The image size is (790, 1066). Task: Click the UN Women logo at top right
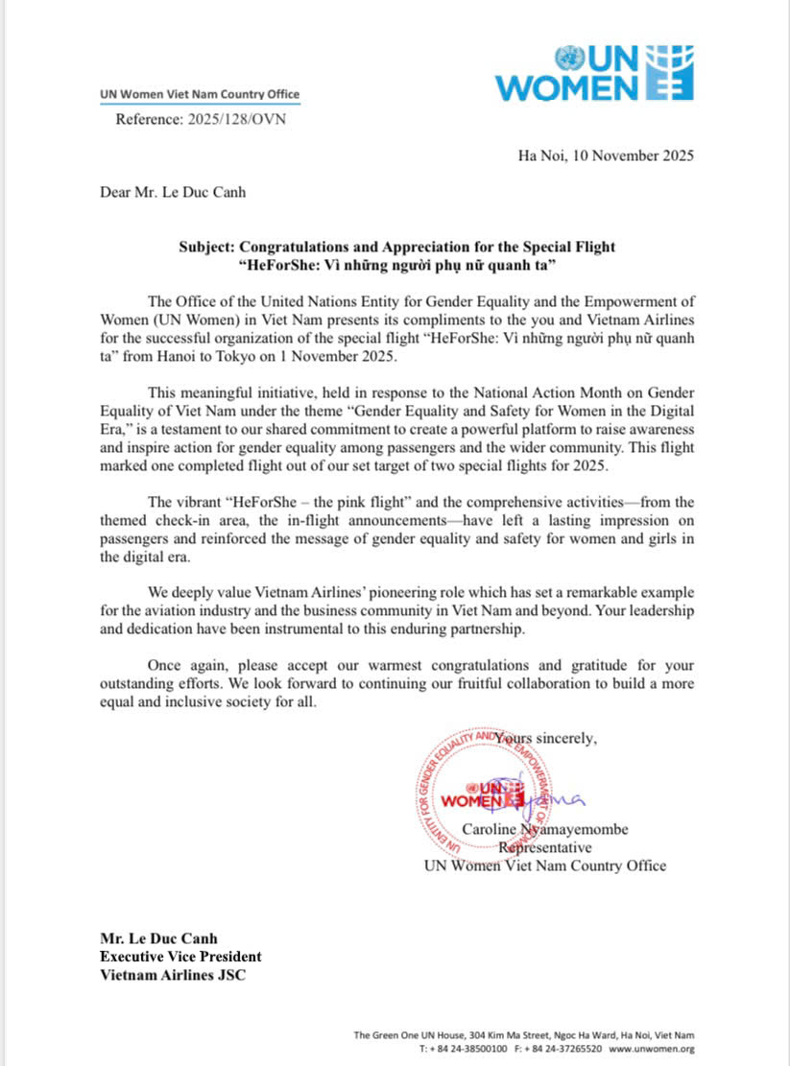(593, 73)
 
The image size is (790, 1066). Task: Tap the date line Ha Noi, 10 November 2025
(605, 155)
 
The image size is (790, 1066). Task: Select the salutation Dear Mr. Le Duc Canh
(173, 192)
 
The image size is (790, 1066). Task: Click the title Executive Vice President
(180, 956)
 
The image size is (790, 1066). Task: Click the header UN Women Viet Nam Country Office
(200, 94)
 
